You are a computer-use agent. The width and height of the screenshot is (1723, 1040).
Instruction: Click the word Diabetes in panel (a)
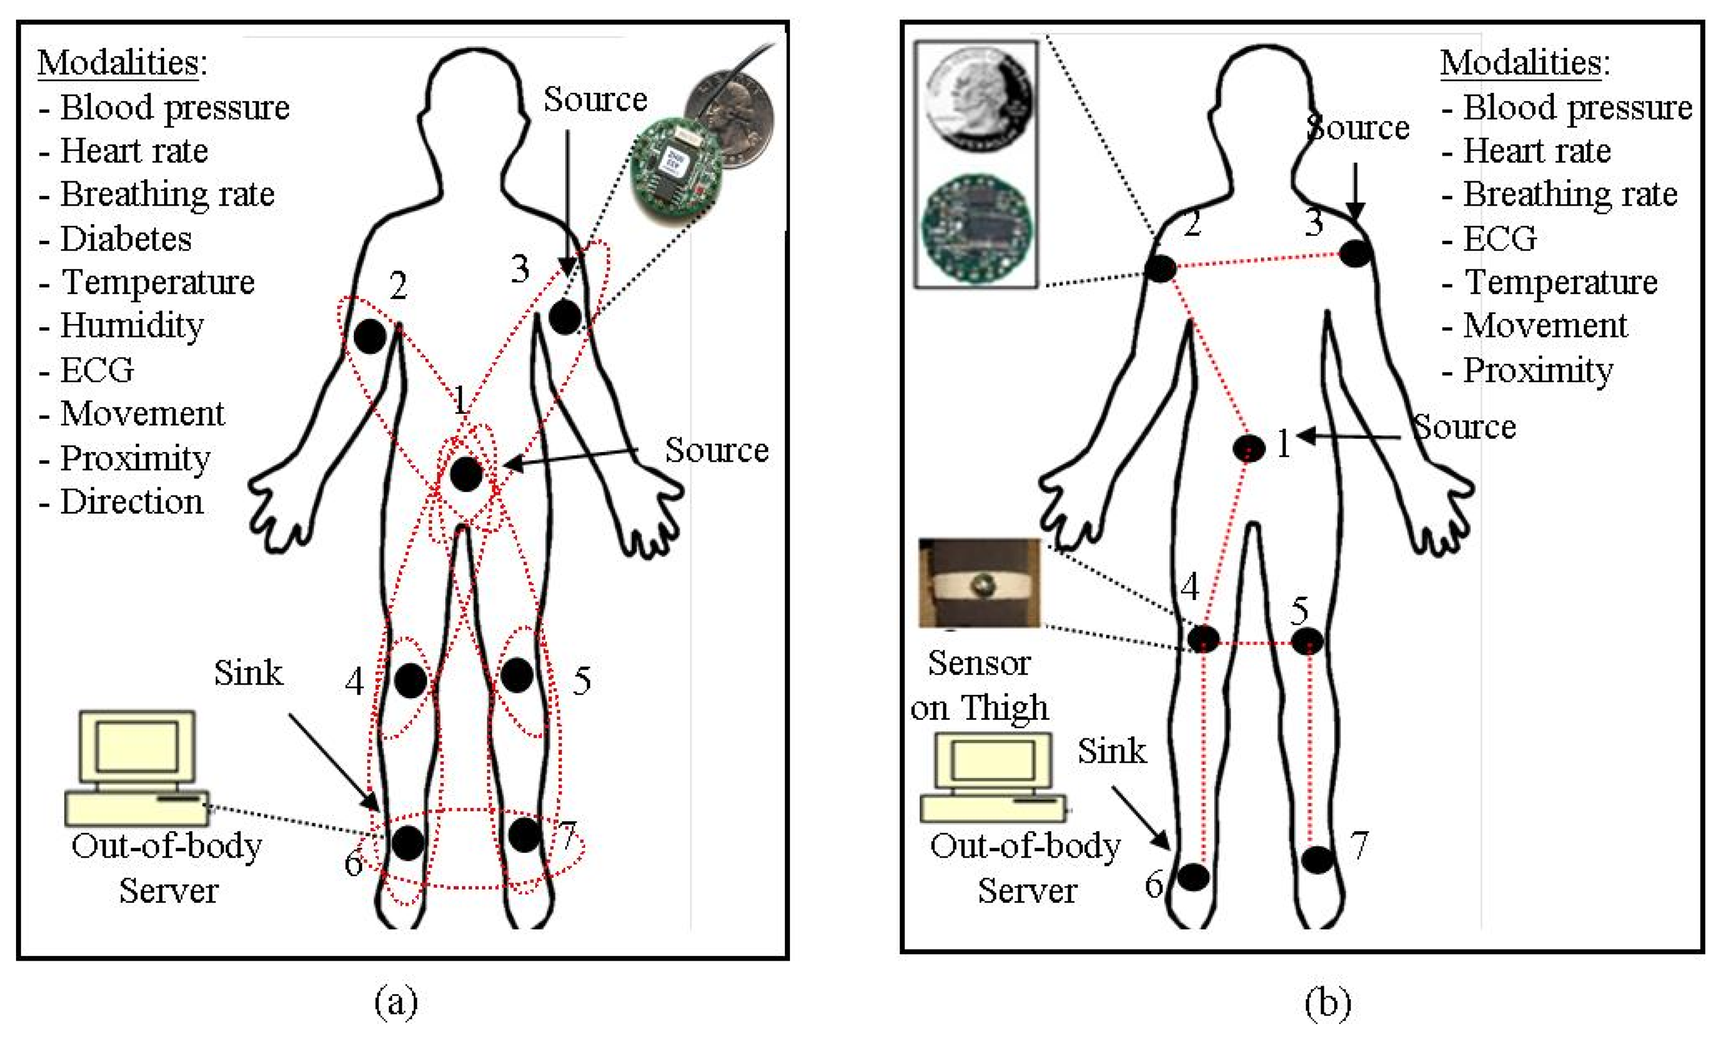tap(126, 239)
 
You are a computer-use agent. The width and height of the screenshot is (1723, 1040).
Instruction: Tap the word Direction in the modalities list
tap(131, 502)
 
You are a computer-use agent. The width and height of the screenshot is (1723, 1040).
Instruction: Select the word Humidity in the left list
tap(131, 326)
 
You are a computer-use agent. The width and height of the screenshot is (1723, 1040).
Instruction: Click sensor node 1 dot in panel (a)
tap(466, 475)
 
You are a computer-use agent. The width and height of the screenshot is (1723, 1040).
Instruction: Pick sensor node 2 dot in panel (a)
tap(370, 336)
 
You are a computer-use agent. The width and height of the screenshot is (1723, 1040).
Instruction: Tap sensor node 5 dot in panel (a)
tap(516, 675)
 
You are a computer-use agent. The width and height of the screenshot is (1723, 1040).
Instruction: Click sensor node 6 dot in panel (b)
tap(1193, 877)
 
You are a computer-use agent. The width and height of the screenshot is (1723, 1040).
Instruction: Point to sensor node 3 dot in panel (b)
tap(1355, 253)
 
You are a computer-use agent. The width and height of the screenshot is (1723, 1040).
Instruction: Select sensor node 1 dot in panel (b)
tap(1249, 448)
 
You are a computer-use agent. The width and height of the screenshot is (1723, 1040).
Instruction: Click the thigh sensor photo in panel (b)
tap(979, 582)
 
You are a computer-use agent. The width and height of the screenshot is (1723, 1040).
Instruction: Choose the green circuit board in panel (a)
tap(674, 172)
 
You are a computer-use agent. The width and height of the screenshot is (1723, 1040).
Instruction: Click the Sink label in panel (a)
tap(248, 673)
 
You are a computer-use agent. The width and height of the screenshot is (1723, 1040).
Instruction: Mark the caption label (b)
tap(1327, 1002)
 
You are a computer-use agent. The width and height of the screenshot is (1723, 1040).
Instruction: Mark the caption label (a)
tap(397, 1002)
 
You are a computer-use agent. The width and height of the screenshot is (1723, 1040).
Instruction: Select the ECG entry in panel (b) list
tap(1501, 239)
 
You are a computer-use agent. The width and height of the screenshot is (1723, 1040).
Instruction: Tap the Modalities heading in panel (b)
tap(1525, 63)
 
